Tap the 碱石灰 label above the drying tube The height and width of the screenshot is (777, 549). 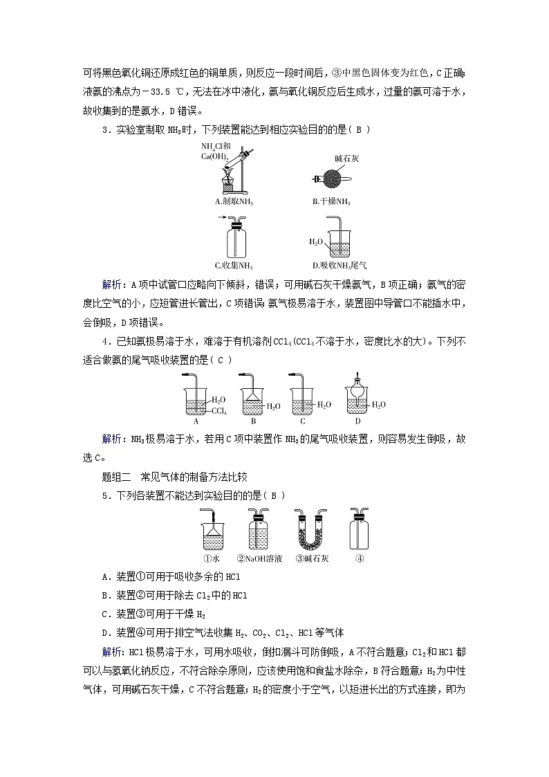click(x=347, y=159)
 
